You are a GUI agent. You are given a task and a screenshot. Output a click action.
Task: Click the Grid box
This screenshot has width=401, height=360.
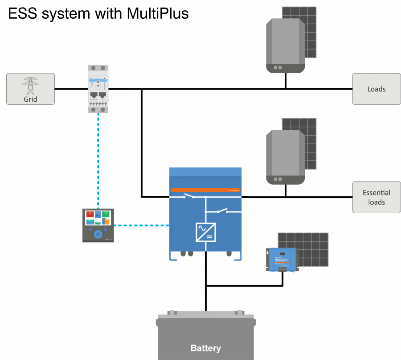click(x=30, y=89)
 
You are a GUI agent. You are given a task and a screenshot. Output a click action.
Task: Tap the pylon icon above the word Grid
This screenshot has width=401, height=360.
click(x=30, y=85)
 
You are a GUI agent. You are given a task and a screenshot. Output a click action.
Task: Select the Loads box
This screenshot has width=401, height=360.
click(x=376, y=89)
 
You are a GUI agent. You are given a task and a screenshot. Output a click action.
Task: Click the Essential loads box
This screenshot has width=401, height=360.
click(x=376, y=197)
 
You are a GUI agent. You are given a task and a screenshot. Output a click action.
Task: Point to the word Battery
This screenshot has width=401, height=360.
click(x=205, y=348)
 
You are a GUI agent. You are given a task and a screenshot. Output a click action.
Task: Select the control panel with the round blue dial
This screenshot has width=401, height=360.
click(x=98, y=225)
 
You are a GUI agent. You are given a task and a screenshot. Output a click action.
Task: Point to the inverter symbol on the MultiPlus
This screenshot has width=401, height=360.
click(x=205, y=232)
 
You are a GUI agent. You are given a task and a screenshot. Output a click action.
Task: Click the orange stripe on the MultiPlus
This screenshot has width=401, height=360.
click(x=205, y=190)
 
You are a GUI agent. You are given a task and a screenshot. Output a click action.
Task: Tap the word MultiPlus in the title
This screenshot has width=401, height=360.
click(x=158, y=13)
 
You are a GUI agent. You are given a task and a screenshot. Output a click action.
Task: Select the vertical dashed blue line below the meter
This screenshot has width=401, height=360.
click(x=98, y=161)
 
